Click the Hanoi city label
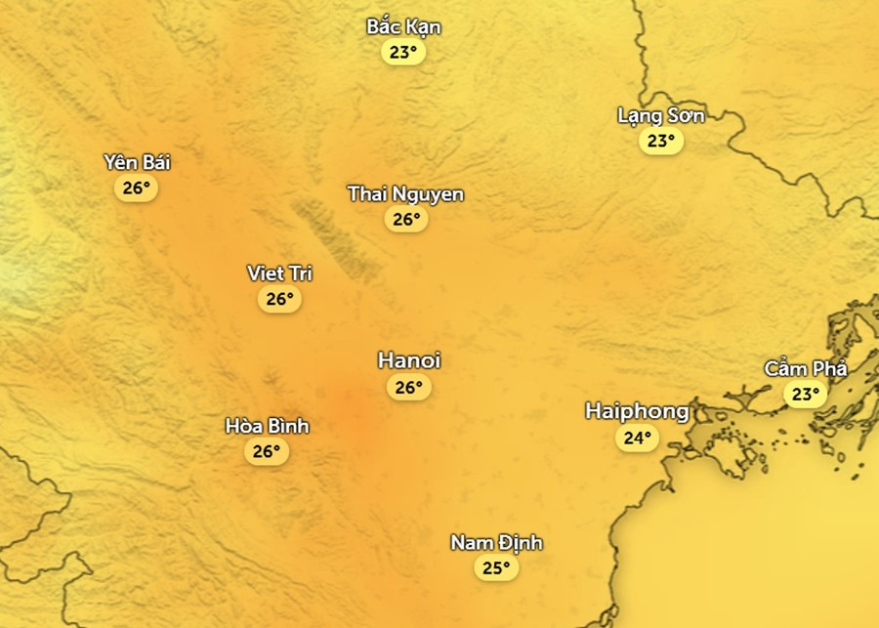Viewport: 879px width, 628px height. pos(409,361)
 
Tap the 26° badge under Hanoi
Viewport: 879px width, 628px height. pos(409,388)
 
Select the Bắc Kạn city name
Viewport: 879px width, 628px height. pos(403,26)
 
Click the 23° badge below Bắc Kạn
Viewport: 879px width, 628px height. pos(403,53)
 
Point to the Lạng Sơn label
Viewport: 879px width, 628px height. pos(660,115)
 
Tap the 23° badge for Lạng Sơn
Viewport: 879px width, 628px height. pos(661,141)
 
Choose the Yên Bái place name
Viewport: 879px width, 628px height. pos(137,162)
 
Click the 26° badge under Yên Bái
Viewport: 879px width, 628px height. pos(137,188)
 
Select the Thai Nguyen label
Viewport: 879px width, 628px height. pos(405,194)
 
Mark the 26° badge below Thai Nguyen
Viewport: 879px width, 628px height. pos(406,220)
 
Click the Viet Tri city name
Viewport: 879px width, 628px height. pos(279,273)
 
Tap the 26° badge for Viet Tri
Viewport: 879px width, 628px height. pos(280,299)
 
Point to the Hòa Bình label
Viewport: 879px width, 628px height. pos(267,426)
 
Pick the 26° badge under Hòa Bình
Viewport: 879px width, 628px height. pos(267,451)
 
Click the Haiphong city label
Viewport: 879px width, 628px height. pos(637,411)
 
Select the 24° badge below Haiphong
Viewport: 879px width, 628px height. pos(638,438)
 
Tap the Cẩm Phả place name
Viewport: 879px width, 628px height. pos(806,369)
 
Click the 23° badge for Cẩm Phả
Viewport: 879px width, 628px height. pos(806,395)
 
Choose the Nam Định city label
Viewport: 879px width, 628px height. pos(496,543)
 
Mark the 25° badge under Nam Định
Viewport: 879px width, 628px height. pos(496,568)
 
